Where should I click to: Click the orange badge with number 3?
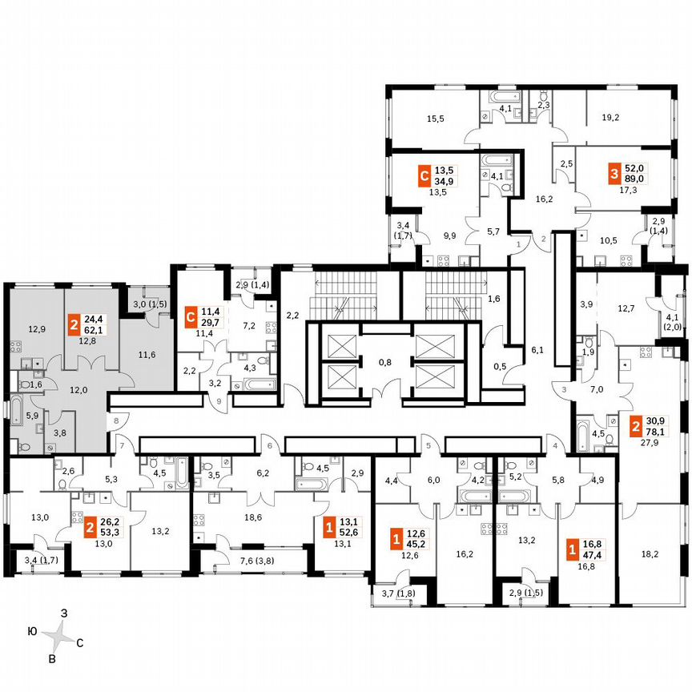click(x=614, y=174)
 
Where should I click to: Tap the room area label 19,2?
click(x=610, y=117)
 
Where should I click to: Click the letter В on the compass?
click(x=52, y=659)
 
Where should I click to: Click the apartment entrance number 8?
click(x=116, y=419)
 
